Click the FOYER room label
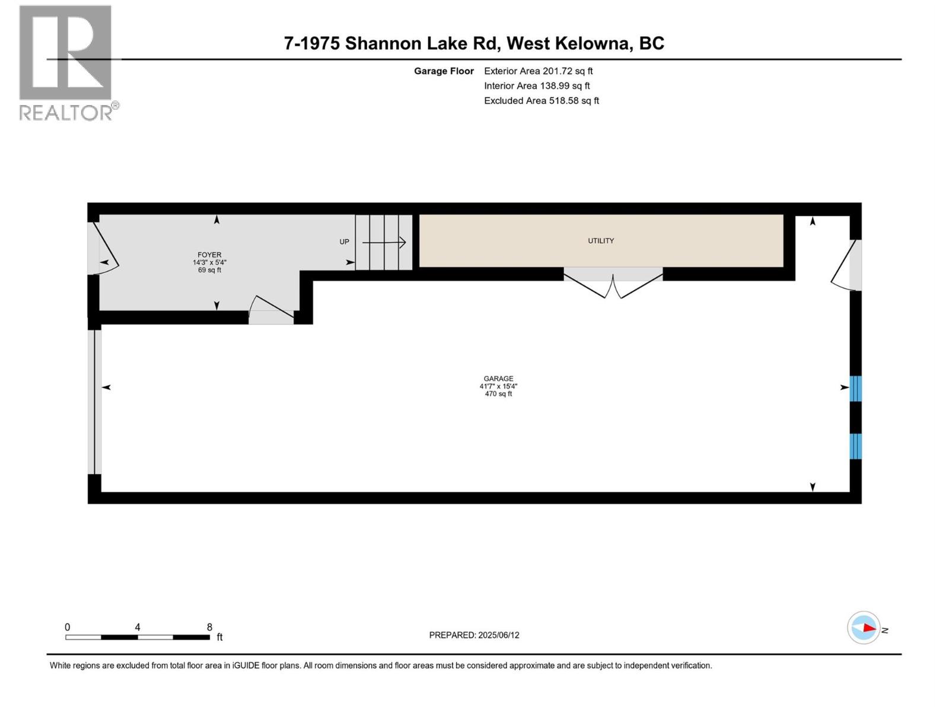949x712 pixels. (x=209, y=255)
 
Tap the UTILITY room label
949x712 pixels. (x=601, y=241)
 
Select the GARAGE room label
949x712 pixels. (x=498, y=379)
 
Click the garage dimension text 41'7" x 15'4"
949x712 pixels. (x=498, y=386)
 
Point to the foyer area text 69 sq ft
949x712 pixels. (x=209, y=271)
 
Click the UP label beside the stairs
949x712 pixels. (x=344, y=242)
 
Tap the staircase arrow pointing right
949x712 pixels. (x=384, y=242)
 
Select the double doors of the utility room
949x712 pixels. (x=613, y=284)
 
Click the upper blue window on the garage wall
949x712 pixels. (x=855, y=389)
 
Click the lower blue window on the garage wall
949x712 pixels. (x=855, y=446)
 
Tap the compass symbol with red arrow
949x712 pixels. (x=864, y=628)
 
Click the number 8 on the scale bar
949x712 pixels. (x=209, y=627)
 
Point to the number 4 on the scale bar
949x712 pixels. (x=138, y=627)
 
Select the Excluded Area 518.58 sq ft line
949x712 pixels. (x=541, y=101)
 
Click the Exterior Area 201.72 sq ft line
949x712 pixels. (x=538, y=71)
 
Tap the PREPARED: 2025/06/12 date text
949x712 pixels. (x=474, y=635)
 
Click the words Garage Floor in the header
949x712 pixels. (x=444, y=71)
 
